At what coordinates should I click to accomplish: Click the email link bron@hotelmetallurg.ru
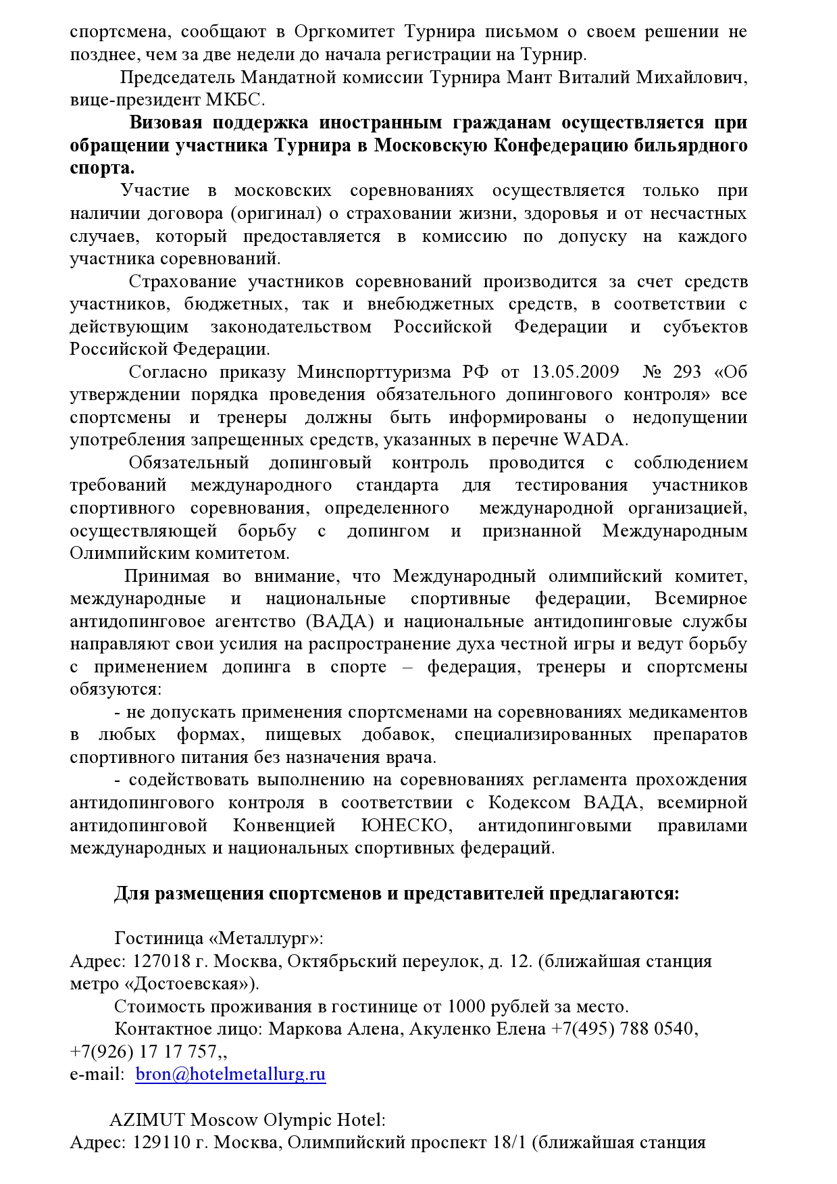tap(230, 1074)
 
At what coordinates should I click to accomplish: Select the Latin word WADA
tap(594, 440)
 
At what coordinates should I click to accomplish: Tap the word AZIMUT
tap(147, 1120)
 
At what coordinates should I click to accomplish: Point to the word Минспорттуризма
tap(374, 372)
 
